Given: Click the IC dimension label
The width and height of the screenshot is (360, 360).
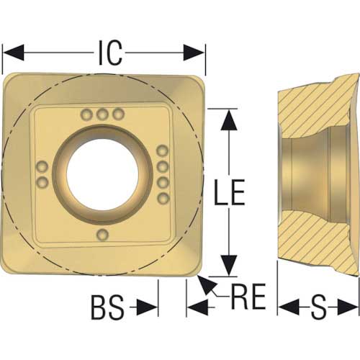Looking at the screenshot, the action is (110, 53).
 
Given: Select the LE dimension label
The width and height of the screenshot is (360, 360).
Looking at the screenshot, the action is (230, 192).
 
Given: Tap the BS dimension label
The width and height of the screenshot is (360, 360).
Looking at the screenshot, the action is (108, 307).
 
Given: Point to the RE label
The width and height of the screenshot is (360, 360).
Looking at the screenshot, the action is (248, 296).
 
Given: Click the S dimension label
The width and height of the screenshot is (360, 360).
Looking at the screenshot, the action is (318, 307).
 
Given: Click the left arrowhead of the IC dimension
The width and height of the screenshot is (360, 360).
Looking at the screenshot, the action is (13, 53).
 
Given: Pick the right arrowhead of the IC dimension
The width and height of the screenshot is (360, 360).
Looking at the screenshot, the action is (194, 53).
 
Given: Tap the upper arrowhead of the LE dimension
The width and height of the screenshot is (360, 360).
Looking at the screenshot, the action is (229, 120).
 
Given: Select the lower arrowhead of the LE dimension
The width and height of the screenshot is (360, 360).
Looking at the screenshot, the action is (229, 266).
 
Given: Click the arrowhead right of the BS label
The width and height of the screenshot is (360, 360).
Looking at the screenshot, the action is (147, 307).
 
